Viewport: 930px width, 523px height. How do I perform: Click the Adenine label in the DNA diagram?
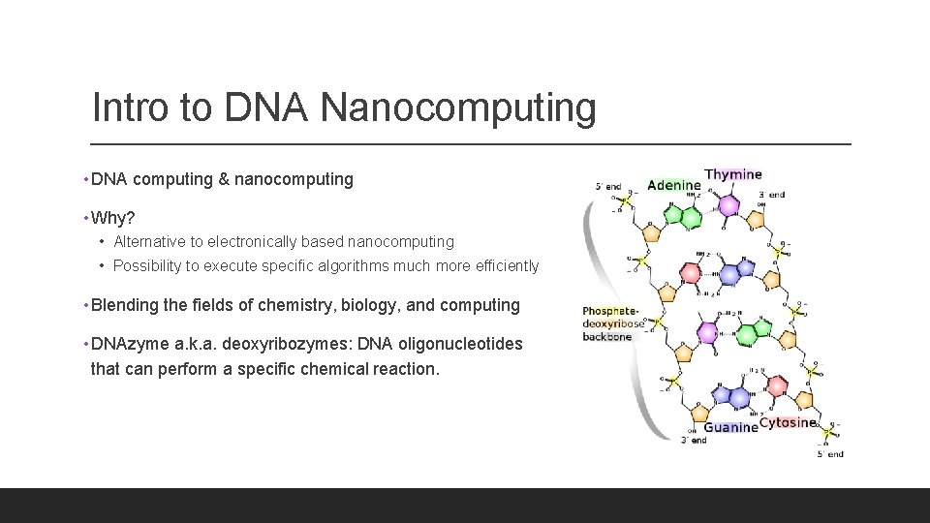673,185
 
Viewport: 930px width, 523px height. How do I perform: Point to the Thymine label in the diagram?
733,175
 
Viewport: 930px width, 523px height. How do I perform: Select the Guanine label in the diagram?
730,427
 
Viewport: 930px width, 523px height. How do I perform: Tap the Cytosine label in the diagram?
788,422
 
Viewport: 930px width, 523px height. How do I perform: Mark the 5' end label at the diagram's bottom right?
830,453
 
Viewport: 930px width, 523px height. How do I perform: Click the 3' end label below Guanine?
694,441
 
